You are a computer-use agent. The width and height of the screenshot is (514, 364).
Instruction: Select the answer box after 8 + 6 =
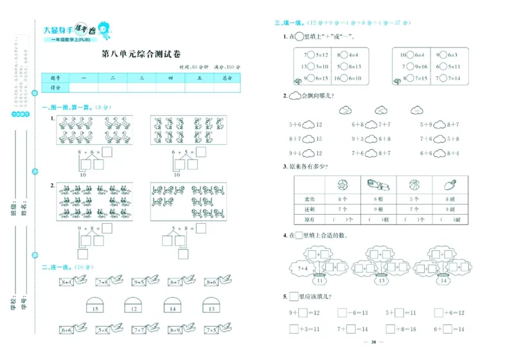(x=108, y=152)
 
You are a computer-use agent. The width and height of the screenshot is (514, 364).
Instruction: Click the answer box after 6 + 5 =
(x=201, y=152)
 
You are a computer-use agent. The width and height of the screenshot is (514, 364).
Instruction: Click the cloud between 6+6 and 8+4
(x=439, y=153)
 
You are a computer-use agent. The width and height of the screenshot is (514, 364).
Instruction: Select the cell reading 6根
(x=378, y=199)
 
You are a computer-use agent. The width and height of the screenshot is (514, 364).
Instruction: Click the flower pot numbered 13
(x=381, y=278)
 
